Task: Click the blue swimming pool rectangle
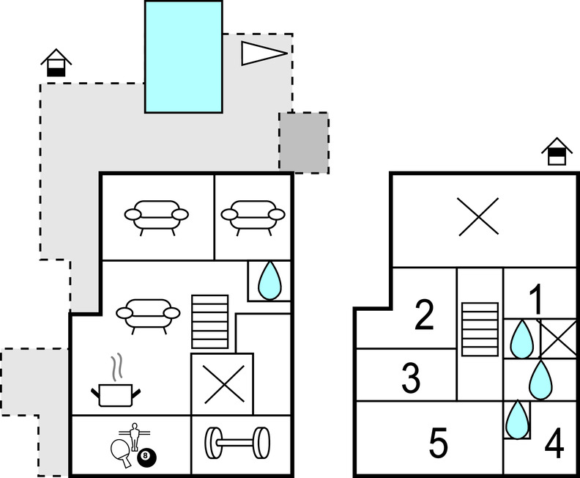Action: (183, 56)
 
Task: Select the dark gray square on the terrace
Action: (303, 142)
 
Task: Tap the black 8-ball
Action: (145, 457)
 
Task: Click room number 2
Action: (424, 315)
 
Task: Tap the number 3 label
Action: (412, 379)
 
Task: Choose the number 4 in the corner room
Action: (554, 444)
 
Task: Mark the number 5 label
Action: (438, 443)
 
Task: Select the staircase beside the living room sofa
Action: (210, 322)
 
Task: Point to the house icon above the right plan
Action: (557, 152)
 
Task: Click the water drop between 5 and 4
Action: (518, 419)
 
